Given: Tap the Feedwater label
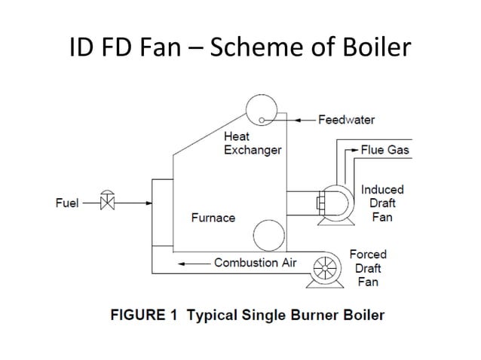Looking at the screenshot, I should pos(346,120).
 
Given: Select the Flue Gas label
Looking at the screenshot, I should pos(384,150).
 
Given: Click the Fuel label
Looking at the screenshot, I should pos(67,203).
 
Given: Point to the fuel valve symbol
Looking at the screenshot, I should pos(107,202).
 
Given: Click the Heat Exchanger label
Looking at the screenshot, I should pos(252,143).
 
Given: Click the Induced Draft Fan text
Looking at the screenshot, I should pos(382,203).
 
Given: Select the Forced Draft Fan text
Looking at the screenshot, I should pos(368,268).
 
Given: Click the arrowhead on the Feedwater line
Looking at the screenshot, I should pos(299,120).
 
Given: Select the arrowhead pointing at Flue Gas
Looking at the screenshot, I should pos(354,150).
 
